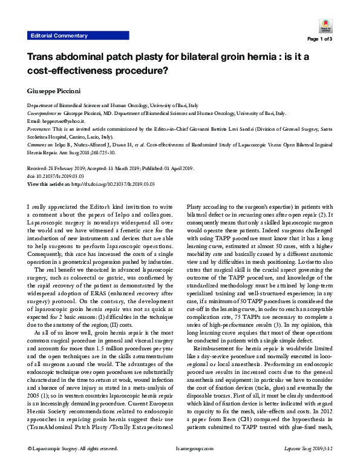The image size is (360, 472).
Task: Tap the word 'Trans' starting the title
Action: (45, 57)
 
